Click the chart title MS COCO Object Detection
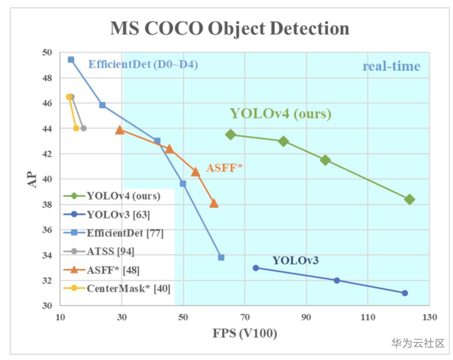pos(229,28)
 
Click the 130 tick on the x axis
pos(429,317)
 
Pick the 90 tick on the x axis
pos(306,317)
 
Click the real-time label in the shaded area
pos(391,66)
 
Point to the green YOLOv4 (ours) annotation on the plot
pos(281,114)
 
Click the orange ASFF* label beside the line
pos(224,168)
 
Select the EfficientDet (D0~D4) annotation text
pos(143,65)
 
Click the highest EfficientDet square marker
pos(71,60)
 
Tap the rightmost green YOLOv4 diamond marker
pos(410,199)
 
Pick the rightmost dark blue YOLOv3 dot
pos(405,293)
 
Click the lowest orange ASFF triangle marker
pos(214,204)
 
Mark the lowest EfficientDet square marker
pos(221,257)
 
